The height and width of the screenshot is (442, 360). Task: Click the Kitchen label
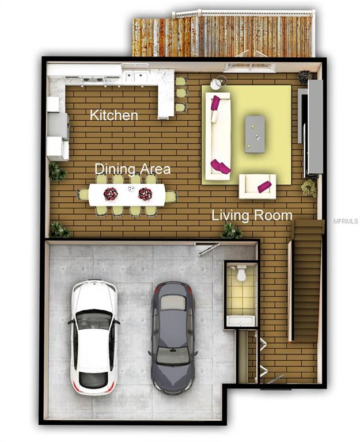click(114, 115)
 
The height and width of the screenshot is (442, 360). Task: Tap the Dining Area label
click(132, 169)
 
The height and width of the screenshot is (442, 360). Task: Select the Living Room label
click(252, 216)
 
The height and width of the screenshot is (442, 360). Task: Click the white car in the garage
click(94, 337)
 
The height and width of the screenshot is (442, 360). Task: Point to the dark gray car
click(173, 337)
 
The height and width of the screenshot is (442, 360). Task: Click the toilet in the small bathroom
click(241, 273)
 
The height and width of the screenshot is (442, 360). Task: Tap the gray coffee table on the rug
click(255, 135)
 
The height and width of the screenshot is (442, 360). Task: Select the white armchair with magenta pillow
click(257, 186)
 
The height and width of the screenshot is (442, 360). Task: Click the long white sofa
click(218, 136)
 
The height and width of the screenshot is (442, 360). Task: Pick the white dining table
click(127, 195)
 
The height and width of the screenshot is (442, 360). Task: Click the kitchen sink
click(134, 76)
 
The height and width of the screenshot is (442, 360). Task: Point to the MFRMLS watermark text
click(346, 221)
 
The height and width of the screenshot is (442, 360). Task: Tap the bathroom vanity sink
click(241, 321)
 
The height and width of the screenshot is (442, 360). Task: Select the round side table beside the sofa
click(217, 83)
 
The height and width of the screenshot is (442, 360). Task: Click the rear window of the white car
click(93, 380)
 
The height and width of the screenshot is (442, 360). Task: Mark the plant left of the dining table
click(57, 172)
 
